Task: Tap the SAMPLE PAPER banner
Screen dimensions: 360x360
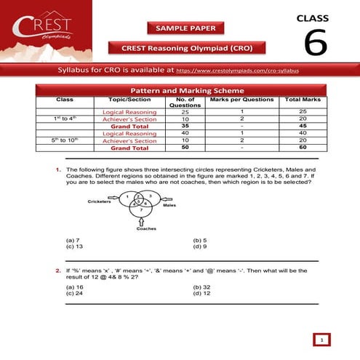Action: tap(186, 28)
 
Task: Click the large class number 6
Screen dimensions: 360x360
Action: tap(315, 43)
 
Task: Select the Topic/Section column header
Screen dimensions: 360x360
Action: tap(124, 100)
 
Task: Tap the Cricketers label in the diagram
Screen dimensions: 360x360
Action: tap(100, 201)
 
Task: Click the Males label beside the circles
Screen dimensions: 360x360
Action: tap(169, 206)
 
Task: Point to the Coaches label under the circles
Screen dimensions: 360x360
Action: tap(136, 228)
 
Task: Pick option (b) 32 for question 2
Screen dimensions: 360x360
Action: tap(203, 287)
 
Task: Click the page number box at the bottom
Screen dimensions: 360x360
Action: tap(321, 339)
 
